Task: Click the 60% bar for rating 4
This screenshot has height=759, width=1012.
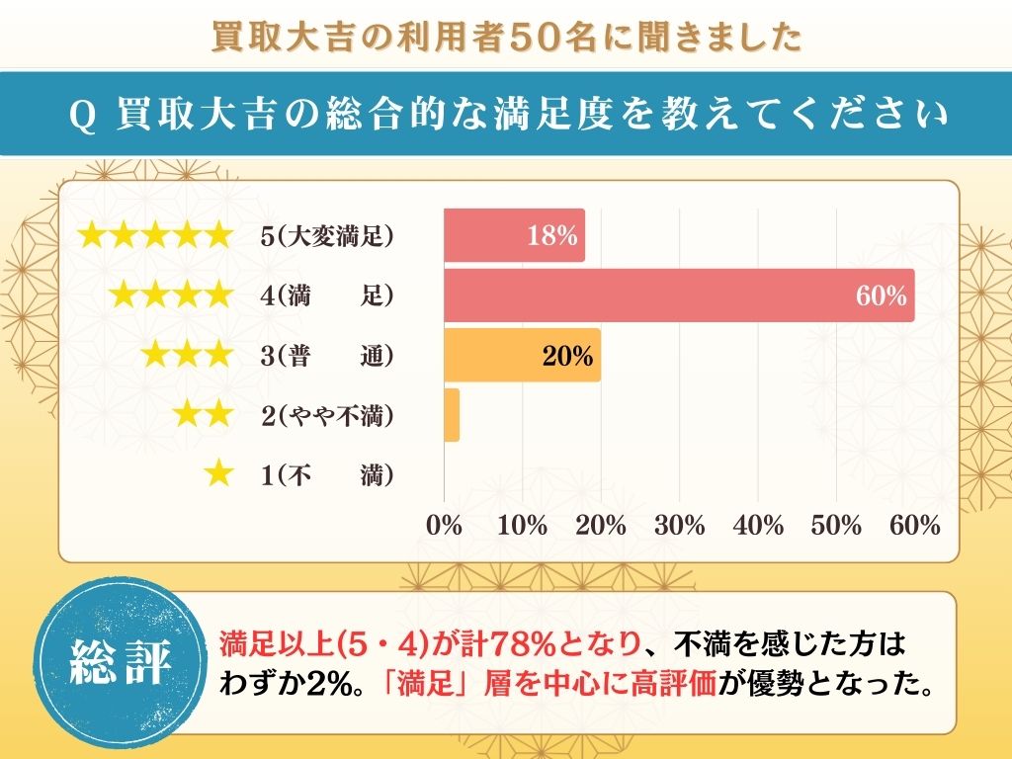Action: [679, 295]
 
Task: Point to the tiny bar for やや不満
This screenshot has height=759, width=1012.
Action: [452, 415]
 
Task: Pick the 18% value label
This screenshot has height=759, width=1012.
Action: [552, 236]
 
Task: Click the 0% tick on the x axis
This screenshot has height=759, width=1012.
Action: [444, 526]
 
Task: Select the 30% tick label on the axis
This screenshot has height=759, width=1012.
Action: [680, 526]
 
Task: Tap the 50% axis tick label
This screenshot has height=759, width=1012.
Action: [837, 526]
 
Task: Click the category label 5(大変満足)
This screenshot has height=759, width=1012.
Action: [327, 236]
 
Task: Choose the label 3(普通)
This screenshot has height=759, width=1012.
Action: [327, 356]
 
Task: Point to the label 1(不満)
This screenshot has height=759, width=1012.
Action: [327, 475]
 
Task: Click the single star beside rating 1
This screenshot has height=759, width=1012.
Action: [217, 474]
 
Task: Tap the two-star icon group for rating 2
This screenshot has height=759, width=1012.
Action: [203, 415]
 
